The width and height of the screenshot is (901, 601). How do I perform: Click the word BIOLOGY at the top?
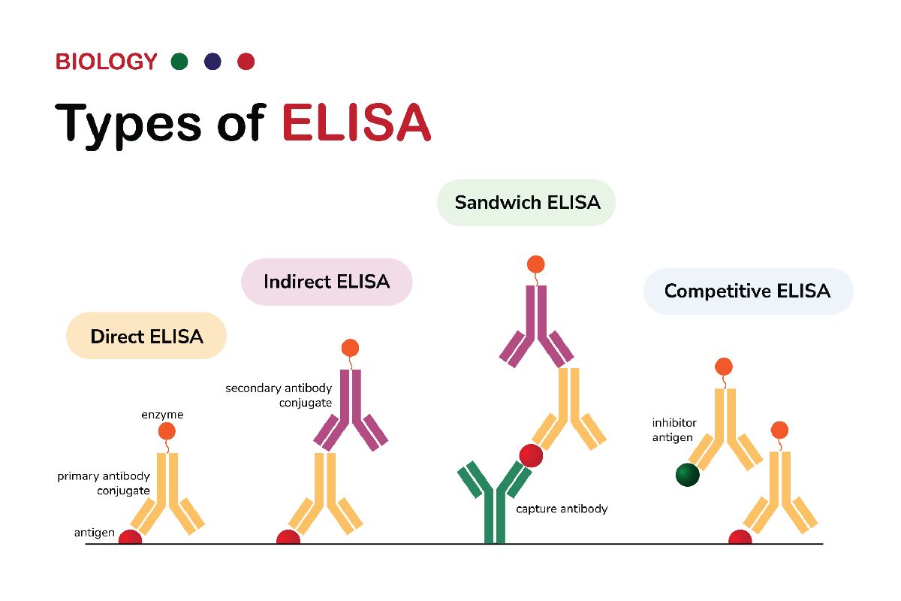tap(106, 62)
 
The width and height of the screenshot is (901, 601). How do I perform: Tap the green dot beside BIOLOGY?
tap(179, 62)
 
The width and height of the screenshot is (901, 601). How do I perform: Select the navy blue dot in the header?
tap(212, 62)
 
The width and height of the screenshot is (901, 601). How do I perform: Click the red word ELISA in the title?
tap(356, 122)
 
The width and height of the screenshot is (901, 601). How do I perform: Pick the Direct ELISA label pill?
tap(146, 336)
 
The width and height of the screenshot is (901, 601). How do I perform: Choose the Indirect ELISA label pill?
tap(327, 282)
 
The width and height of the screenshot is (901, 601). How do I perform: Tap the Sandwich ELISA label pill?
tap(527, 202)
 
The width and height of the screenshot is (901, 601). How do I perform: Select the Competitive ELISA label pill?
tap(748, 291)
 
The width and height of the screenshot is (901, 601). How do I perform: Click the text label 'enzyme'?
tap(162, 415)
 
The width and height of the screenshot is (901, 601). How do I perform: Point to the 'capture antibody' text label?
tap(562, 509)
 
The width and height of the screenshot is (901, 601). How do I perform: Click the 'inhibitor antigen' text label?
tap(672, 430)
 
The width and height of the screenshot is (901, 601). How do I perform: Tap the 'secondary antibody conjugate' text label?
tap(279, 395)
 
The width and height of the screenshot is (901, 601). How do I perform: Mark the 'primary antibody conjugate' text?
tap(104, 483)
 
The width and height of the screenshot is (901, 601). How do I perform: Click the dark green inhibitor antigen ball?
tap(687, 475)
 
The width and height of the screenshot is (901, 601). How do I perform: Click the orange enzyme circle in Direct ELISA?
tap(167, 431)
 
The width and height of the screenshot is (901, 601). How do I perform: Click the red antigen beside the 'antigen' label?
tap(130, 537)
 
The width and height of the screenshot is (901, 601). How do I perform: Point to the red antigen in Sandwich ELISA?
tap(531, 455)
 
